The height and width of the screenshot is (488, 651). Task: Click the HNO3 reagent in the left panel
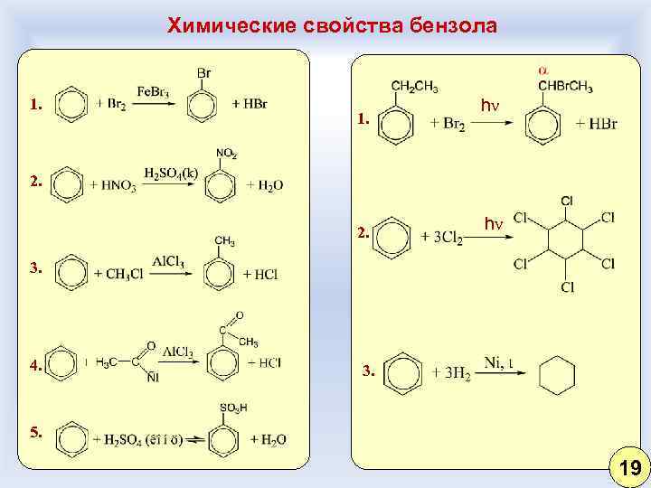[114, 185]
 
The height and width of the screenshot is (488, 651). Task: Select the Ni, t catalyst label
[499, 362]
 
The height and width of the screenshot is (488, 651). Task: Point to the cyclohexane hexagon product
[557, 372]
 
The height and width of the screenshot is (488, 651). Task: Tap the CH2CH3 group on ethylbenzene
[415, 87]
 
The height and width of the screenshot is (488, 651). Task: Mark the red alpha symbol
[543, 70]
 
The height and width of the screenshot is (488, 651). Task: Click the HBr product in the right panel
[597, 123]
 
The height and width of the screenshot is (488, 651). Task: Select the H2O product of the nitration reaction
[265, 185]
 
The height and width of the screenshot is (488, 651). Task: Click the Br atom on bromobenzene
[204, 72]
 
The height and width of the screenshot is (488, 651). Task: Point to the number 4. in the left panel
[35, 367]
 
